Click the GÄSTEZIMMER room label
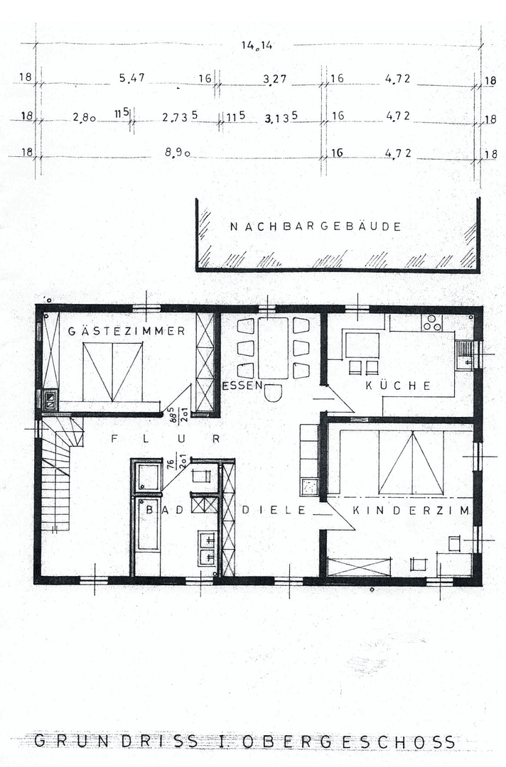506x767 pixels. [127, 331]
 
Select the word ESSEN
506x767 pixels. [235, 386]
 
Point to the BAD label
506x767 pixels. [160, 509]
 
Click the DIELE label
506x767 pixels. [274, 510]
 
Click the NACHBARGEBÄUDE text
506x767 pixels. [316, 227]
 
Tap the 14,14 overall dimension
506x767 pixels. [257, 45]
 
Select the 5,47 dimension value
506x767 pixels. [132, 79]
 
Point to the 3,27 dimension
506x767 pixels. [274, 79]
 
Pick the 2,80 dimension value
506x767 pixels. [84, 117]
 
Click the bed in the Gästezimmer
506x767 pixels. [112, 372]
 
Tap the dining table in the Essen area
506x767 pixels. [273, 348]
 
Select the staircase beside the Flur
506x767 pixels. [57, 472]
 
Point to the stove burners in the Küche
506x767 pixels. [431, 323]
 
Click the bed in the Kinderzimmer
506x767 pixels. [411, 462]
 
